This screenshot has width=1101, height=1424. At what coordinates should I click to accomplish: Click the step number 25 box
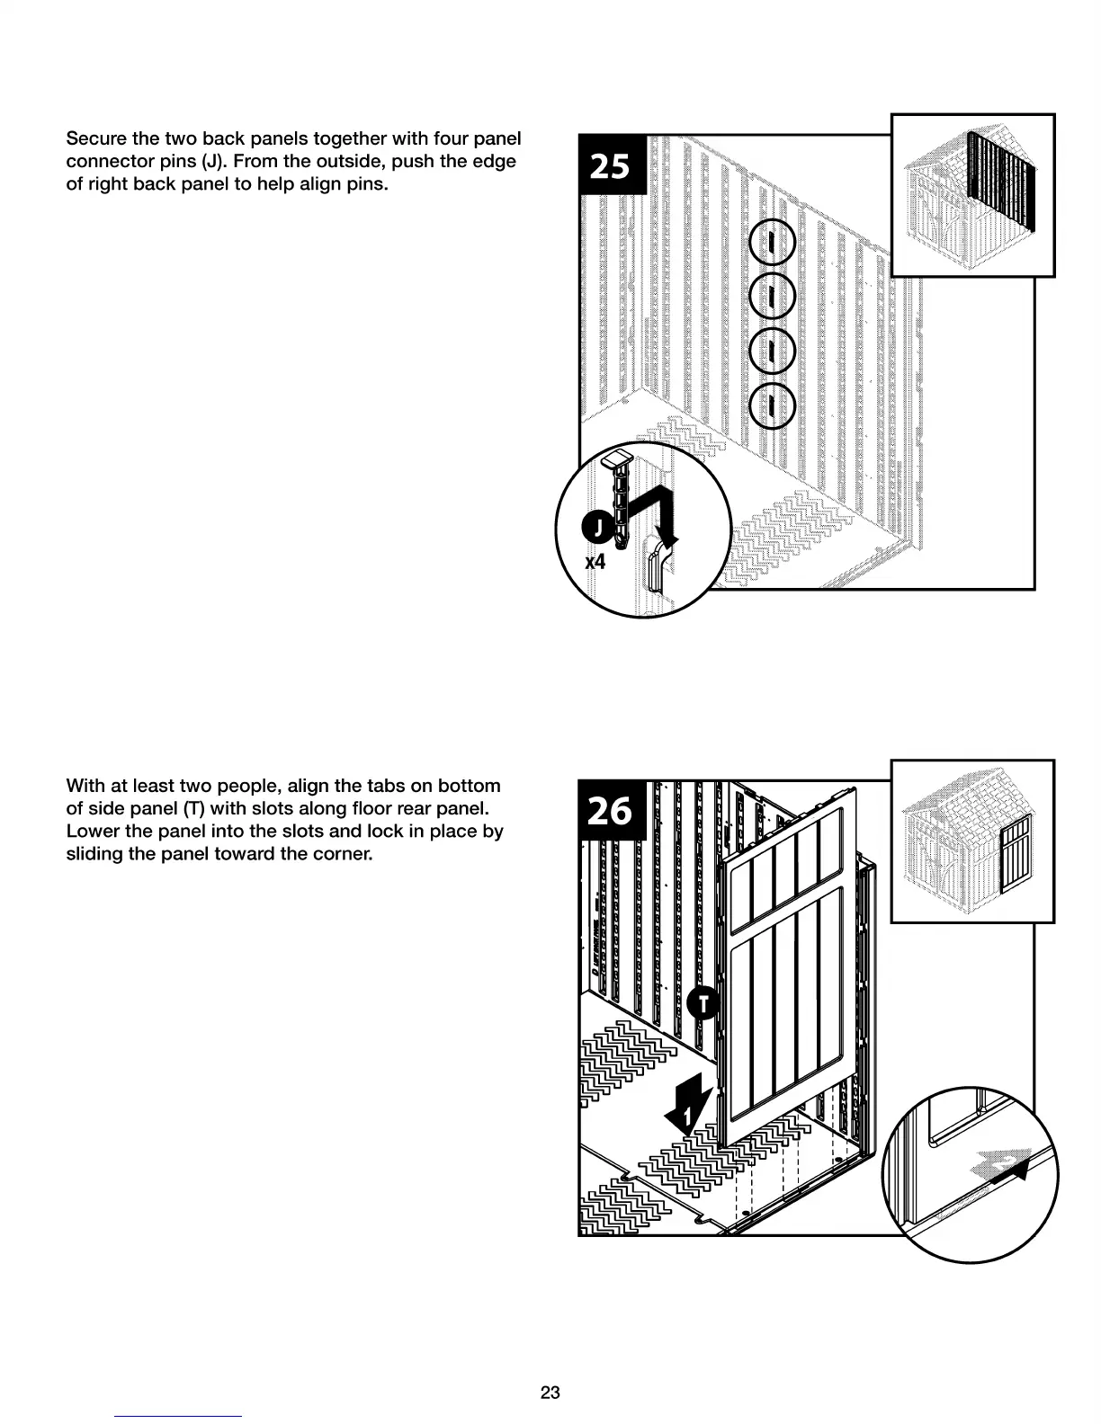pos(612,165)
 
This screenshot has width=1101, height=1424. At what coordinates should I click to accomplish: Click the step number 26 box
pos(612,810)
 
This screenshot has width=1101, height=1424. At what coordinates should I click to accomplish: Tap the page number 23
pos(550,1393)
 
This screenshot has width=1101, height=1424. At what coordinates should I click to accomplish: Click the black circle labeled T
pos(704,1003)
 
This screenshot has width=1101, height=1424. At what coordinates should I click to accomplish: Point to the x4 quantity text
pos(595,563)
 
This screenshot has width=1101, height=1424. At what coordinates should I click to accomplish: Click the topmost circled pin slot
pos(772,243)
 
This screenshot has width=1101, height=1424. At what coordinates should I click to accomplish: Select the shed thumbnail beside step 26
pos(972,841)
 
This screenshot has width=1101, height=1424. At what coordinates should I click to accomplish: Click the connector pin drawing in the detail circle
pos(620,501)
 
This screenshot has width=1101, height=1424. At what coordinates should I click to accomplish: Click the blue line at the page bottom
pos(178,1416)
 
